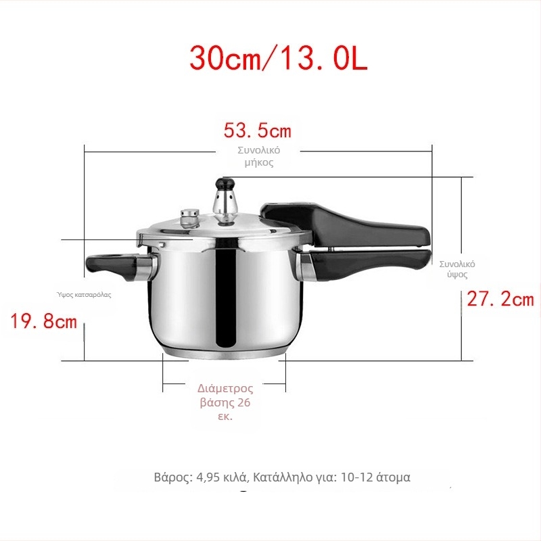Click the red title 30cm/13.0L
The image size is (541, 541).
[x=278, y=59]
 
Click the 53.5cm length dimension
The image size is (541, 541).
[x=258, y=131]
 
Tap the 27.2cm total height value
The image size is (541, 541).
[x=500, y=299]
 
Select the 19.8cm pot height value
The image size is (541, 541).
[x=43, y=321]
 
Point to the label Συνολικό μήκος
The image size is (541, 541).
[x=259, y=156]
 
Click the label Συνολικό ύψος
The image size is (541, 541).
[x=457, y=269]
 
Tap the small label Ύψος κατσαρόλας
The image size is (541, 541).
[x=84, y=295]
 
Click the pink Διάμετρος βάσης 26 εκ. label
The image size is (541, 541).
[x=225, y=402]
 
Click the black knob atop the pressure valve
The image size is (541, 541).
[x=224, y=183]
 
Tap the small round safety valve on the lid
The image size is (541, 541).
[x=189, y=217]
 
